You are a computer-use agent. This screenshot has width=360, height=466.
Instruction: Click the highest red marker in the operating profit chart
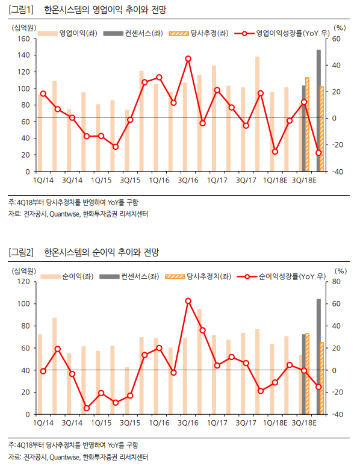[x=188, y=58]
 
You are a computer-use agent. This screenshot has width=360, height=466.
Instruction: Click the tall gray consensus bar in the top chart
[x=318, y=111]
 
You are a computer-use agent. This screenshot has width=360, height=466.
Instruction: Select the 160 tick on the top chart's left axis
[x=24, y=39]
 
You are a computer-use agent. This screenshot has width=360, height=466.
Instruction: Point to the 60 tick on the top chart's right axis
[x=336, y=39]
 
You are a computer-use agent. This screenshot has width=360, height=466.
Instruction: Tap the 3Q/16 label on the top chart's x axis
[x=188, y=181]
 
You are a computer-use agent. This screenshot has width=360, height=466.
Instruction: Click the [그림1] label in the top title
[x=21, y=10]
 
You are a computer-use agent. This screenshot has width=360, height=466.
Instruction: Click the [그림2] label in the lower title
[x=21, y=252]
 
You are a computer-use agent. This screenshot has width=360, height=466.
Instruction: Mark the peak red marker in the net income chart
[x=188, y=301]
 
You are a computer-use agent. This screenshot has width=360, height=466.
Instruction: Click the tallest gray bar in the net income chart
[x=318, y=356]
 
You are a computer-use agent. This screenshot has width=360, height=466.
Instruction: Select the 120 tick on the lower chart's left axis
[x=24, y=281]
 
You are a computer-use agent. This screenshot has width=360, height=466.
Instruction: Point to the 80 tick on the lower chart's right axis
[x=336, y=281]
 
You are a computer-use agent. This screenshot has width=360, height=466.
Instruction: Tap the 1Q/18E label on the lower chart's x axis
[x=275, y=423]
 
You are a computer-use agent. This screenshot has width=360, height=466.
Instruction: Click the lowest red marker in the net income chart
[x=87, y=408]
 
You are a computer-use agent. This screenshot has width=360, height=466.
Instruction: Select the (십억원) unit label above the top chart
[x=24, y=28]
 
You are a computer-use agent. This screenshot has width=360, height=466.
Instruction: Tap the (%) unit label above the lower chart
[x=340, y=271]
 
